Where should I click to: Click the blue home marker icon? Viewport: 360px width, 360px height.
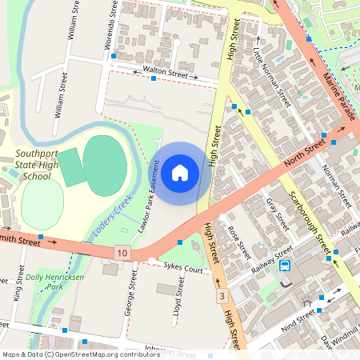tap(180, 172)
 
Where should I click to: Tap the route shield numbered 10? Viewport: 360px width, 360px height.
tap(121, 253)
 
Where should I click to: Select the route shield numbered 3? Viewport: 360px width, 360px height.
tap(221, 297)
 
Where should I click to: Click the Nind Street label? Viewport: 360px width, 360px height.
tap(298, 323)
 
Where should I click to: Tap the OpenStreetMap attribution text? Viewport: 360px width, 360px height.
tap(81, 354)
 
